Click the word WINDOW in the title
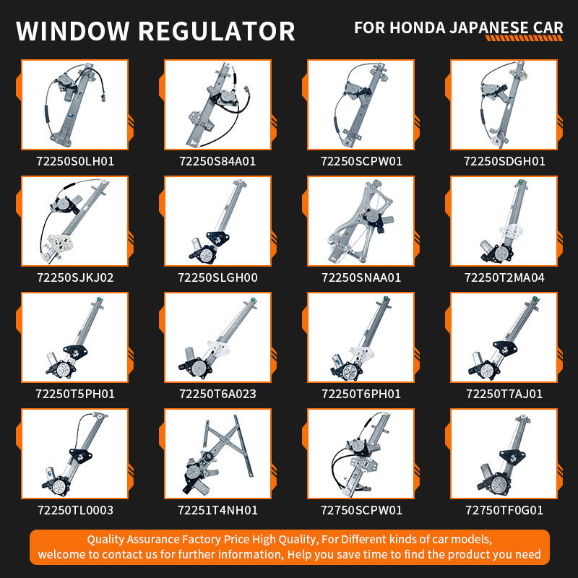point(73,31)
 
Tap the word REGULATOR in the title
point(217,31)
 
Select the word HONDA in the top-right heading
point(418,27)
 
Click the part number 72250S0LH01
point(75,161)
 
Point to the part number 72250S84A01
point(217,161)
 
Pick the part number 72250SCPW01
point(361,161)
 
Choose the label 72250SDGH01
point(504,161)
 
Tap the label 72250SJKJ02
point(75,277)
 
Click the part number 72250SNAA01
point(361,277)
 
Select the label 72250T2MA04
point(504,277)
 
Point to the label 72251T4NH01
point(217,510)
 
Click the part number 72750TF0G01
point(504,510)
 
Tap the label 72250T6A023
point(217,394)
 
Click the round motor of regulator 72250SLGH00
point(206,254)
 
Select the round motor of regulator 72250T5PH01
point(63,369)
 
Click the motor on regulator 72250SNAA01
point(371,217)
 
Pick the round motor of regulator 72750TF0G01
point(499,485)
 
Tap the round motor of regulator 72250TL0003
point(59,487)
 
